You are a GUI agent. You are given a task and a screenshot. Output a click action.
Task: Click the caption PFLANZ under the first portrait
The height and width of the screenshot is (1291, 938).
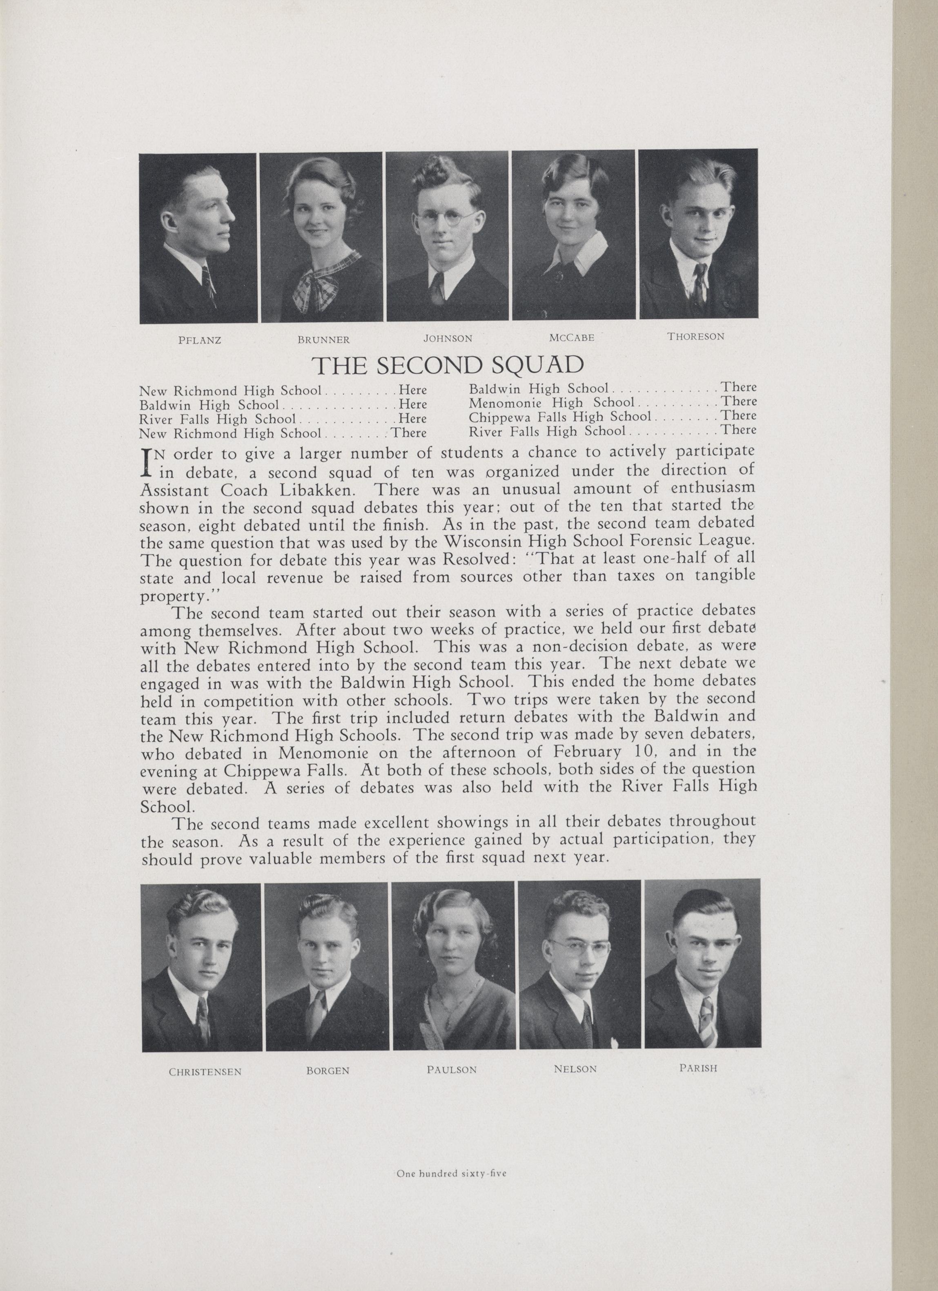click(x=199, y=340)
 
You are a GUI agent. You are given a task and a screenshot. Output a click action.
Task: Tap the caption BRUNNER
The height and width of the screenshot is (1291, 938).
click(x=323, y=340)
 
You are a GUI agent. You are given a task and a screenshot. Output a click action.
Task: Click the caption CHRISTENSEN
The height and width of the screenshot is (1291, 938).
click(x=205, y=1071)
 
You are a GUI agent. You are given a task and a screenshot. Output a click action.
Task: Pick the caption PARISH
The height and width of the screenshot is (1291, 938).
click(x=698, y=1068)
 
